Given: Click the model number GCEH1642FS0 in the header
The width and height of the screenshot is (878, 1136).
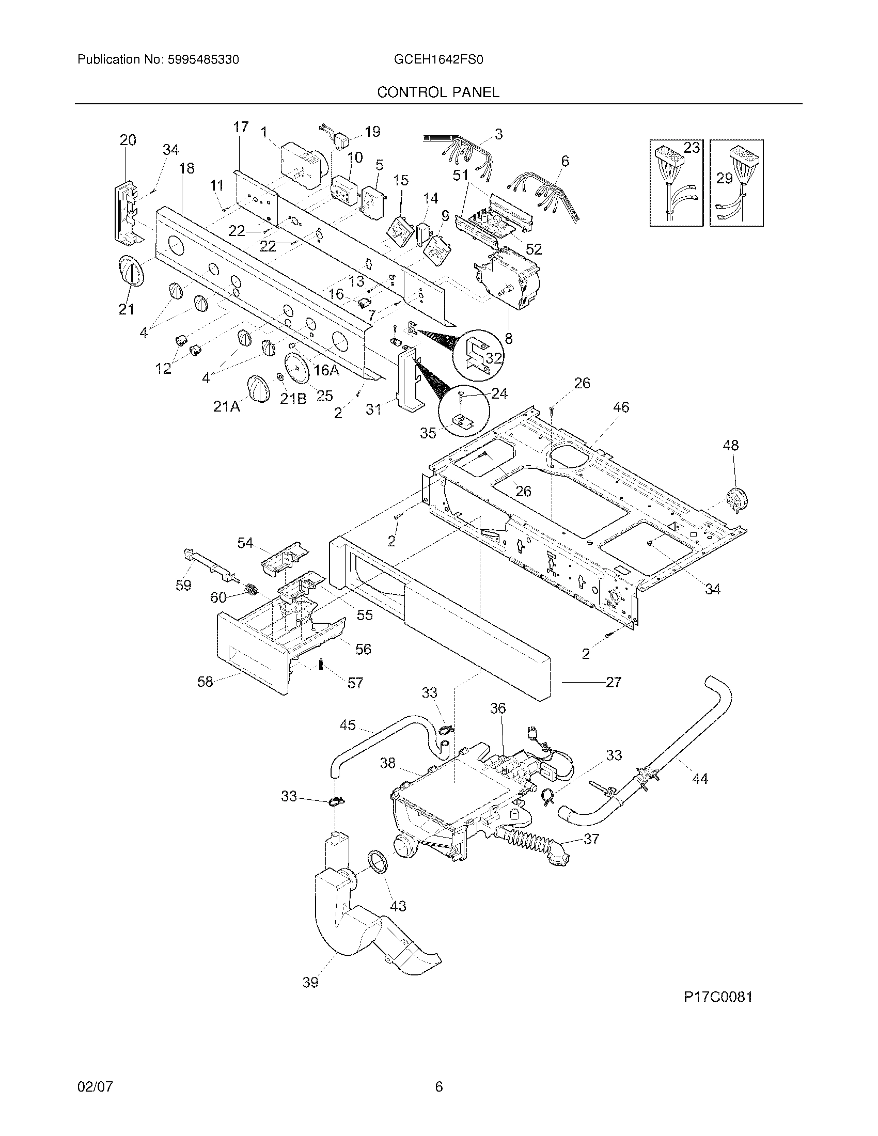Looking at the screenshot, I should point(438,60).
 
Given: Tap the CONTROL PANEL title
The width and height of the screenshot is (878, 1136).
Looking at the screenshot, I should point(438,92).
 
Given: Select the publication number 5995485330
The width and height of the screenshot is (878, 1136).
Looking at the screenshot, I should point(203,60).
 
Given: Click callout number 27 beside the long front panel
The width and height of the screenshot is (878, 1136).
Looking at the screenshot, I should point(614,682).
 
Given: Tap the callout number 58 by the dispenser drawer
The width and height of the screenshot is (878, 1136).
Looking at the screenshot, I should point(205,682).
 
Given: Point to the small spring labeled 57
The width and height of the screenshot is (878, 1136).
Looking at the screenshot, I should point(321,665).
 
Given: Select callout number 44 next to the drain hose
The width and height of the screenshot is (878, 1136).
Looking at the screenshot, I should point(700,793).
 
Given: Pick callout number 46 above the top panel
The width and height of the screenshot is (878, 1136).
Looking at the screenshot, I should point(621,407).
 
